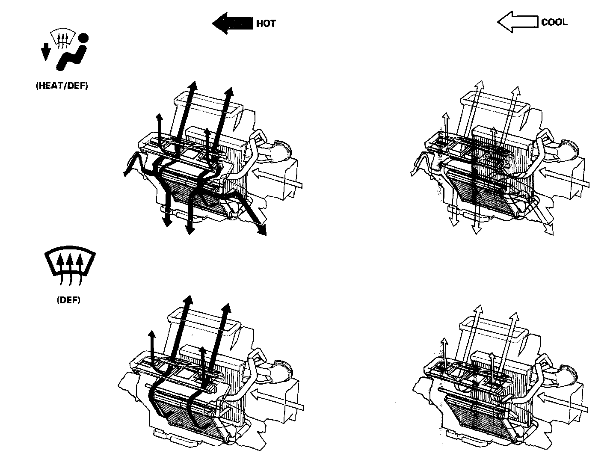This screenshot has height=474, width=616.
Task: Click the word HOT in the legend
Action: (266, 24)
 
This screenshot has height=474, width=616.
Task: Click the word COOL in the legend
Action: (554, 22)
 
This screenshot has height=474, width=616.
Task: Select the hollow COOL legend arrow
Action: (517, 22)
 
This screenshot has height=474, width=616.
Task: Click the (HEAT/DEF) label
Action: (62, 86)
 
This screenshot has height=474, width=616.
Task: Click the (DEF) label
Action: (68, 300)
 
